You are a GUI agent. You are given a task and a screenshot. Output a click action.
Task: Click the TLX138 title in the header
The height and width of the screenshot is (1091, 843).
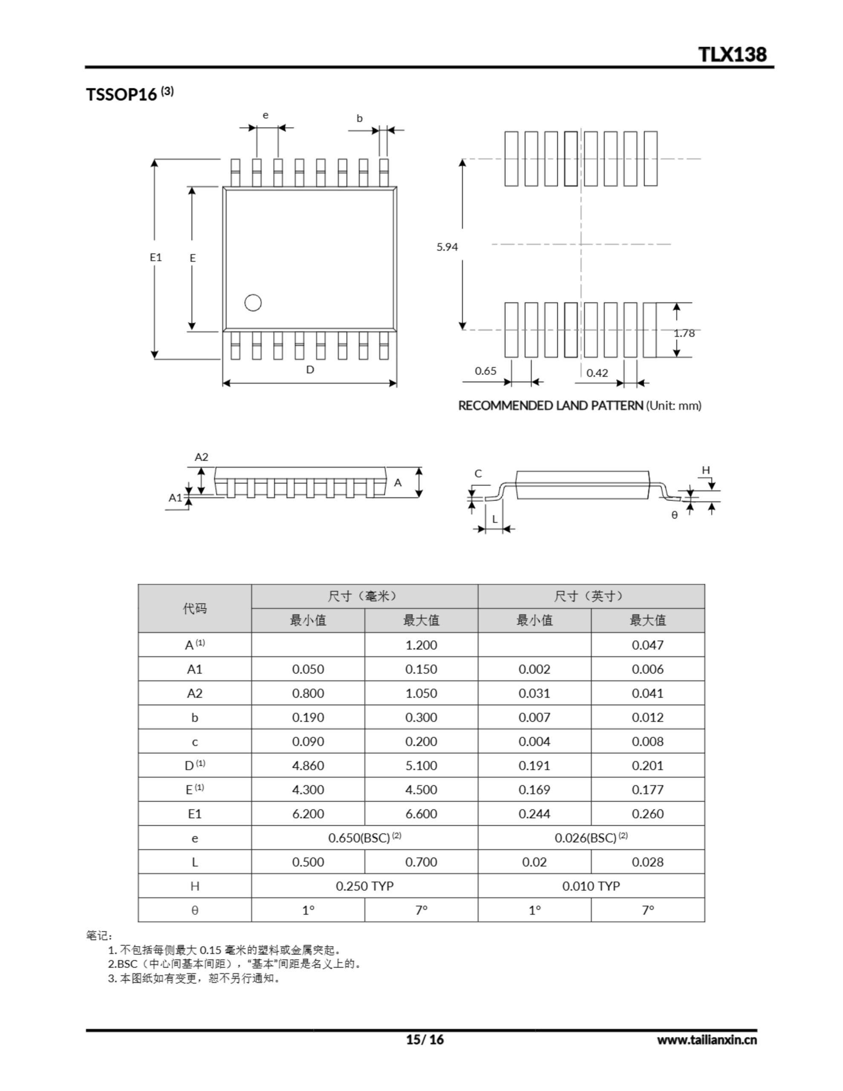[732, 54]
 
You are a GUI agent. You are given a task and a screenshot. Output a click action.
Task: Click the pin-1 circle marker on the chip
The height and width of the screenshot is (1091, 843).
[253, 303]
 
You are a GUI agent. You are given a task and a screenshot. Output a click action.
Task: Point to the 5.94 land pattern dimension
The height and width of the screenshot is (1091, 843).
[447, 247]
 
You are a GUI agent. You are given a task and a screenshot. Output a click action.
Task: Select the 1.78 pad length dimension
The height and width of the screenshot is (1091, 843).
[684, 333]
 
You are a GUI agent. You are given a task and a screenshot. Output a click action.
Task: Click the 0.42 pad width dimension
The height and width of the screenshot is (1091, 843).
[597, 372]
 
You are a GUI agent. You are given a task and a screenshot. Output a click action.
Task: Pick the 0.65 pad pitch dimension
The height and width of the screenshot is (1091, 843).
[485, 371]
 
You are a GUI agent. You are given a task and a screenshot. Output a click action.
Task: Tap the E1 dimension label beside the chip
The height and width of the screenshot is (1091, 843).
[156, 257]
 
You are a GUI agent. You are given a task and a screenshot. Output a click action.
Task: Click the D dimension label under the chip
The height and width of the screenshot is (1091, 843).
[310, 369]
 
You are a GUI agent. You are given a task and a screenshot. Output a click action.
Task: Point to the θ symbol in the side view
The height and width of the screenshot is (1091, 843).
[674, 515]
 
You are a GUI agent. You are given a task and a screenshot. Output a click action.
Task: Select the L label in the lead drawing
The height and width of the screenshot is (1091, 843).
[495, 519]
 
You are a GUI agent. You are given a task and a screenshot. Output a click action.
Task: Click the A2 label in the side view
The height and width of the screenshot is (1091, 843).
[202, 457]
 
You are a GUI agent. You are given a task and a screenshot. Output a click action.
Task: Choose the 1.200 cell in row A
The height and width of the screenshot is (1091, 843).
[421, 645]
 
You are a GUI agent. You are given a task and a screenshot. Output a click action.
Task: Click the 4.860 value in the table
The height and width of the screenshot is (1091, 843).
[308, 765]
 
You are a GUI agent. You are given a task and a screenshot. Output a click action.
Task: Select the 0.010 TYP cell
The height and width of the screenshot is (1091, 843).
[591, 886]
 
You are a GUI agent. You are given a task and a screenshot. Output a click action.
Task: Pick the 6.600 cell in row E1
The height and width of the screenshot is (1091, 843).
[421, 814]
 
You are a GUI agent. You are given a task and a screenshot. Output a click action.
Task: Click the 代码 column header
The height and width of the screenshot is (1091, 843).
[194, 609]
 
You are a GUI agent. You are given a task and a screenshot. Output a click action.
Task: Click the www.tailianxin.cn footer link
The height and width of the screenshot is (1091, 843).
[707, 1040]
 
